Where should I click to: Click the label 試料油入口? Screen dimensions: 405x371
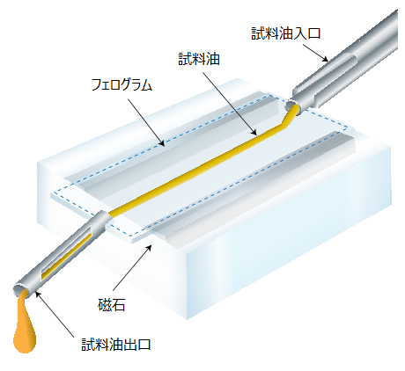(285, 33)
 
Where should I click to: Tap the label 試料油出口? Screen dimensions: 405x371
(116, 345)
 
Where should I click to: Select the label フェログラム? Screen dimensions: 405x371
(121, 84)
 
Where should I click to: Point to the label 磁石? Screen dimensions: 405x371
(111, 305)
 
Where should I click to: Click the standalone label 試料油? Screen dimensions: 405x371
(199, 60)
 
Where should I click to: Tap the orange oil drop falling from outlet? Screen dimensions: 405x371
(25, 324)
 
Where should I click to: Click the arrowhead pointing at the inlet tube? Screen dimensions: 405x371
(325, 59)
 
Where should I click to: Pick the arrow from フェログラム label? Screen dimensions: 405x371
(146, 122)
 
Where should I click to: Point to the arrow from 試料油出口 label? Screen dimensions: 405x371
(54, 314)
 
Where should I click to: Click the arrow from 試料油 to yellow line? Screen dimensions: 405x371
(230, 103)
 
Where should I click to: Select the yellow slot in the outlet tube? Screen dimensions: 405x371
(64, 256)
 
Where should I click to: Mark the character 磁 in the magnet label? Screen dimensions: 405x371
(105, 305)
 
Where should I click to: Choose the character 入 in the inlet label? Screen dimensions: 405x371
(299, 33)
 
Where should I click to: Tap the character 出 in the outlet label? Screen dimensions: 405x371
(129, 345)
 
